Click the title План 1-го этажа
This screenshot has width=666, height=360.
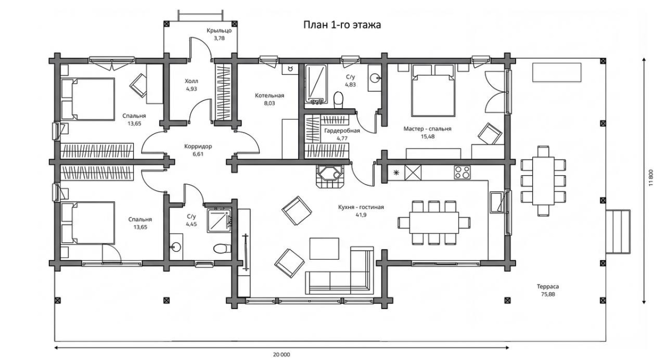coord(342,24)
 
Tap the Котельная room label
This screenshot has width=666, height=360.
coord(269,96)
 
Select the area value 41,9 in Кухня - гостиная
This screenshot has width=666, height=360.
coord(361,215)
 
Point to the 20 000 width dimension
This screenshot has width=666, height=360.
coord(281,354)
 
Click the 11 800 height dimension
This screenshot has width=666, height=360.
coord(652,178)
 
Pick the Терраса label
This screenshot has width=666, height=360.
coord(548,287)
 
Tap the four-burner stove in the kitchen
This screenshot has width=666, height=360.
coord(462,173)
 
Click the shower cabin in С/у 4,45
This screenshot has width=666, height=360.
coord(219,220)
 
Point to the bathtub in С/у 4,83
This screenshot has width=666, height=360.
coord(316,84)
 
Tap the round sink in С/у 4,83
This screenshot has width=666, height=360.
coord(375,78)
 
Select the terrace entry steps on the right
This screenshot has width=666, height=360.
coord(618,231)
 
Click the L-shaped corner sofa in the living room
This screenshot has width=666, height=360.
coord(340,271)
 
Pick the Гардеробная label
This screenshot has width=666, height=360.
coord(342,131)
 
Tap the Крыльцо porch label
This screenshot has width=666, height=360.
coord(219,31)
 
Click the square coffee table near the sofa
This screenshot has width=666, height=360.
coord(324,249)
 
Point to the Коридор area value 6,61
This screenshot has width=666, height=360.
coord(198,154)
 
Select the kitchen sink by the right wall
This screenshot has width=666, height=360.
coord(497,202)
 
